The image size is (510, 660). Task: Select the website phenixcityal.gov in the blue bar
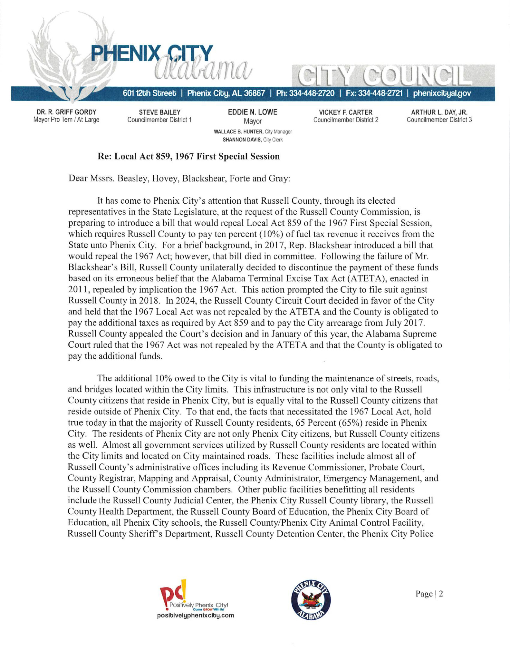442,93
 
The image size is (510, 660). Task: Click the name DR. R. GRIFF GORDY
66,112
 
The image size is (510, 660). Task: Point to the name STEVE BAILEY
159,112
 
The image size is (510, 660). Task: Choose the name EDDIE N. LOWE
253,112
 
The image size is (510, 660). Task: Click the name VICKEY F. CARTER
345,112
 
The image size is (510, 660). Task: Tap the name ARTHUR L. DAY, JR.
439,112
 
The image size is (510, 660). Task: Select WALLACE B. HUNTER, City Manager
253,132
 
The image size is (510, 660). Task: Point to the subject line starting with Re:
188,157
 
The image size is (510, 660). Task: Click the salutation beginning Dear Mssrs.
179,179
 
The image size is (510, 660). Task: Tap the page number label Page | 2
429,594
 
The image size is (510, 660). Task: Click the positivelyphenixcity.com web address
195,616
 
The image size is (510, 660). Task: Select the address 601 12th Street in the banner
149,93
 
